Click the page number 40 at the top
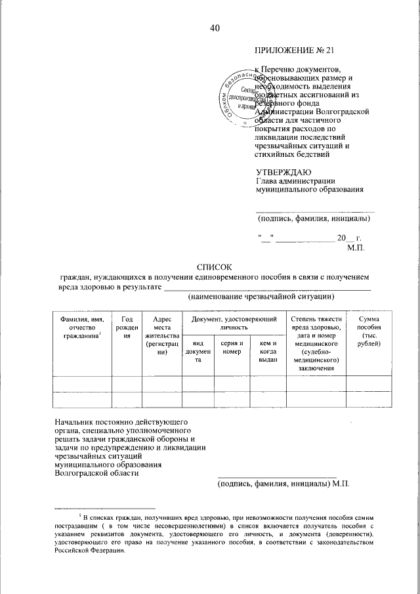[215, 28]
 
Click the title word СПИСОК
[215, 266]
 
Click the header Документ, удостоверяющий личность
[234, 322]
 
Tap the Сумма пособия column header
[368, 327]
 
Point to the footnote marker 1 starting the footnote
[79, 517]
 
